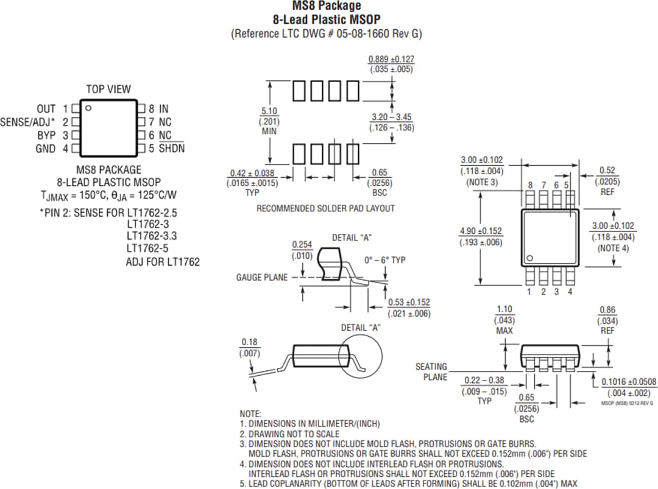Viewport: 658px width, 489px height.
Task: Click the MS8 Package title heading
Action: click(x=326, y=7)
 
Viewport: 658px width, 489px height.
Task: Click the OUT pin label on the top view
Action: click(x=46, y=109)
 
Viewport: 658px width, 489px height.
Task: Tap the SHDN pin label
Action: click(x=171, y=149)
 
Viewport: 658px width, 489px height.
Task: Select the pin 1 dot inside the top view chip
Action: click(x=88, y=109)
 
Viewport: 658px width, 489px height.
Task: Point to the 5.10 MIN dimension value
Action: click(x=269, y=111)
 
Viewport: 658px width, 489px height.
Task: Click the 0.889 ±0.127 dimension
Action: click(x=391, y=60)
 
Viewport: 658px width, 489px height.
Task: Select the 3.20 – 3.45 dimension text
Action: click(x=391, y=116)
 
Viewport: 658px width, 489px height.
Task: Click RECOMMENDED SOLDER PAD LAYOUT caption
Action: click(x=325, y=208)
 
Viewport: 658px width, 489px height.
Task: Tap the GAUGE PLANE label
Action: click(x=261, y=278)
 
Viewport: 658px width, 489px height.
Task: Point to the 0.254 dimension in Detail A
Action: click(x=302, y=245)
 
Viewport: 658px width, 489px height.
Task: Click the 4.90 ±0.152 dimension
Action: click(x=481, y=231)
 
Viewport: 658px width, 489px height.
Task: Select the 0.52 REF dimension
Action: click(x=607, y=171)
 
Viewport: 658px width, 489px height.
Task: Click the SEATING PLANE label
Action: click(x=431, y=371)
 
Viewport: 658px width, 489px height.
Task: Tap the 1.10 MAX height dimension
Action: click(x=504, y=310)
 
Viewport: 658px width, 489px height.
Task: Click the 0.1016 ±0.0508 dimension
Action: click(x=629, y=382)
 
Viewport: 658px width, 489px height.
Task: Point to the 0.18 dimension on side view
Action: click(x=249, y=342)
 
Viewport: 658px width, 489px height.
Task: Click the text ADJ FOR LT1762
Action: click(x=163, y=262)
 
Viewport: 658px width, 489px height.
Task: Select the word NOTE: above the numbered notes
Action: click(x=250, y=413)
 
